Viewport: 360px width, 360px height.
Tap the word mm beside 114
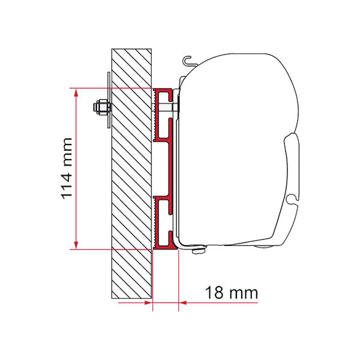67,152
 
